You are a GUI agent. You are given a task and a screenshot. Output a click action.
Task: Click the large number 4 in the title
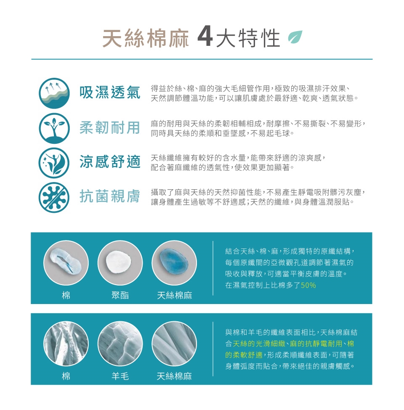pos(205,38)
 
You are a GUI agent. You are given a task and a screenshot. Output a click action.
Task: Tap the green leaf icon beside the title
pos(295,36)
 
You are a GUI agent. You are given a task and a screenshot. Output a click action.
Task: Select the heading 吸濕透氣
pos(110,93)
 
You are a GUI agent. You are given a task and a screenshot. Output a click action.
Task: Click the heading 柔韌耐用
pos(110,127)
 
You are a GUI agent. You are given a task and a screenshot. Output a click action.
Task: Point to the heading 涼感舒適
pos(110,161)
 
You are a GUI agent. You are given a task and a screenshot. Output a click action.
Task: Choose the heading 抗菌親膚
pos(110,196)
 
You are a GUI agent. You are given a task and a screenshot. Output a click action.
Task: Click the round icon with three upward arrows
pos(54,93)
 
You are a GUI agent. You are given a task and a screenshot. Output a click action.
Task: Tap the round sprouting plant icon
pos(54,128)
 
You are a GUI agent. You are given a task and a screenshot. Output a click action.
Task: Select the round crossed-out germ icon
pos(54,197)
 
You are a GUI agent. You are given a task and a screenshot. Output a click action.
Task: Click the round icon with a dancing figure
pos(54,163)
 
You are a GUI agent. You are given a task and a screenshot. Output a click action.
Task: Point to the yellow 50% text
pos(308,285)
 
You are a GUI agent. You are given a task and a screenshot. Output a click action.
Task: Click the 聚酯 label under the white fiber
pos(120,295)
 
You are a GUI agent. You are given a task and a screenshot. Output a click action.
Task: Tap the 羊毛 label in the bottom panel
pos(120,376)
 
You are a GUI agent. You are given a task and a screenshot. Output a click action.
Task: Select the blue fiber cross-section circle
pos(174,263)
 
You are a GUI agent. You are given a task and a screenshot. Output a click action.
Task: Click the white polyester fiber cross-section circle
pos(120,263)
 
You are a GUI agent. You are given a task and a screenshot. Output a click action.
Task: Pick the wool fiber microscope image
pos(120,344)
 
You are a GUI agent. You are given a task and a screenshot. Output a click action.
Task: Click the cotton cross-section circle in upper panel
pos(66,263)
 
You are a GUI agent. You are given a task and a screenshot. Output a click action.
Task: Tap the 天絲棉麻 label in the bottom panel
pos(174,376)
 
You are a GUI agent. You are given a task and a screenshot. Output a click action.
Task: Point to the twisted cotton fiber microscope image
pos(66,344)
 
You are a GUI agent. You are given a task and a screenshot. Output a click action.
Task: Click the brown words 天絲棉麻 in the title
pos(146,38)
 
